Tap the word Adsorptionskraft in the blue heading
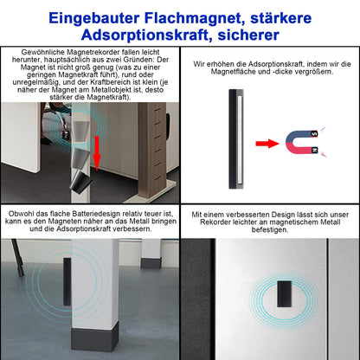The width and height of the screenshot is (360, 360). (x=147, y=35)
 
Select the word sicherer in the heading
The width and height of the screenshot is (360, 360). (x=248, y=35)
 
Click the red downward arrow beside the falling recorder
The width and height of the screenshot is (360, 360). (x=97, y=153)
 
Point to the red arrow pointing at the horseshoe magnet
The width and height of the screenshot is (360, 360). (x=267, y=143)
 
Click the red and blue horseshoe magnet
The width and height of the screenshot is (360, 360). (x=302, y=142)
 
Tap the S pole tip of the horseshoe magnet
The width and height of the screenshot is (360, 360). (x=314, y=134)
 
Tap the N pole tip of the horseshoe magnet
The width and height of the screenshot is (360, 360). (x=315, y=151)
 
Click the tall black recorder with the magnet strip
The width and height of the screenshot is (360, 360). (x=236, y=139)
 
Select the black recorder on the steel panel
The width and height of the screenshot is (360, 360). (x=284, y=294)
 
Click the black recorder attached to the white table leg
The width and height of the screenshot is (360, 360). (x=67, y=282)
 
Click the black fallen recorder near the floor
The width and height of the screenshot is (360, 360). (x=80, y=183)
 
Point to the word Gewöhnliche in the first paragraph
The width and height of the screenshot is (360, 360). (x=43, y=52)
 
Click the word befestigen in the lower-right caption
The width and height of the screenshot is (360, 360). (x=269, y=230)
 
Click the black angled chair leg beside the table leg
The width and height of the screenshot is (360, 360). (x=17, y=257)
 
